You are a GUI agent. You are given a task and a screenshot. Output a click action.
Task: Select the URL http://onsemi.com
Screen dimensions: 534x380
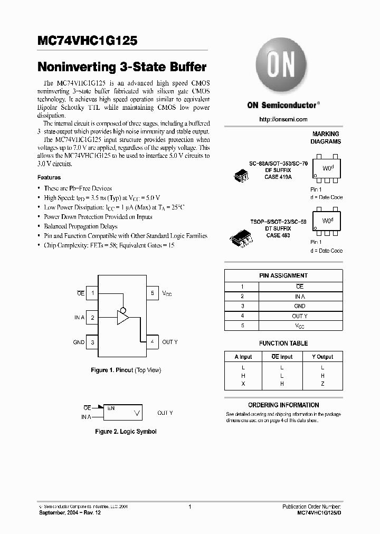coord(283,119)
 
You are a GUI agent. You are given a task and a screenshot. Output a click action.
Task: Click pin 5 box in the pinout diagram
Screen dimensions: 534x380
coord(152,293)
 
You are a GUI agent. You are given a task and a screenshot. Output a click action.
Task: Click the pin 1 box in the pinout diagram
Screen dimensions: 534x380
coord(93,293)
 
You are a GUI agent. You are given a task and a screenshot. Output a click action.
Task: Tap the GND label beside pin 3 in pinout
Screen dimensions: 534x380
coord(79,342)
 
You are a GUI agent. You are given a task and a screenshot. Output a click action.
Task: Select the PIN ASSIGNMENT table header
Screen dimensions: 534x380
coord(283,275)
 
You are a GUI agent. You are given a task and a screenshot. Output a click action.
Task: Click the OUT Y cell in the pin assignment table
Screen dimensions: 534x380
coord(300,316)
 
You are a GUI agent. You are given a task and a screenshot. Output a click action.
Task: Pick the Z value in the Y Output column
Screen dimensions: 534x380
coord(322,384)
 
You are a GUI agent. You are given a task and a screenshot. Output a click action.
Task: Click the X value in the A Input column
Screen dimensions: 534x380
coord(243,384)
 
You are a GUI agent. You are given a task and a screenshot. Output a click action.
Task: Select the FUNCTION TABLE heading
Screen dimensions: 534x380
coord(283,343)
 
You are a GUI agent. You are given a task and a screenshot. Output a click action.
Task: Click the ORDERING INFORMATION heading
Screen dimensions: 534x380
coord(283,405)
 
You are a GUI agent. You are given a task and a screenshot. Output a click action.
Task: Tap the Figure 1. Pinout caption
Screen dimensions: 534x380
coord(126,370)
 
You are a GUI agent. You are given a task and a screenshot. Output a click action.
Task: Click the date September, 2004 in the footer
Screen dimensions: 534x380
coord(59,513)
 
